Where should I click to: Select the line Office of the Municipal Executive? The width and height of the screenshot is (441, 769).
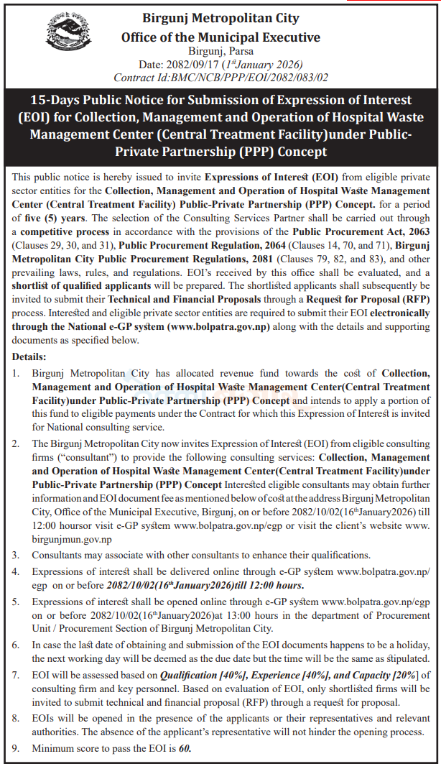[220, 37]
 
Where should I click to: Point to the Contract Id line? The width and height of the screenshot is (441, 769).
[220, 76]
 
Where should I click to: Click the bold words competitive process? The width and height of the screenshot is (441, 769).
[64, 232]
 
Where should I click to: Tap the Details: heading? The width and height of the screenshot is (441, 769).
[29, 356]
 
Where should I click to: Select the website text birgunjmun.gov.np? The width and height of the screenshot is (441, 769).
[72, 539]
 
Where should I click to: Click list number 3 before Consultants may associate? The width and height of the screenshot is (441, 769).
[17, 555]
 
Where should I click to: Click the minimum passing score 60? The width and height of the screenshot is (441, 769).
[184, 748]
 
